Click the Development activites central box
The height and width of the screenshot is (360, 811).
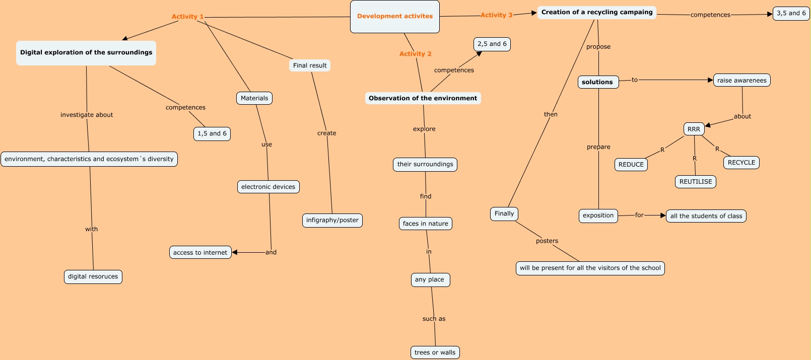(394, 17)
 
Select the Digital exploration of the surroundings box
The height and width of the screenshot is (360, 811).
(86, 53)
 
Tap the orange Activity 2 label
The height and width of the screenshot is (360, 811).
(415, 54)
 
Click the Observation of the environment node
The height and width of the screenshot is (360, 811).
(423, 98)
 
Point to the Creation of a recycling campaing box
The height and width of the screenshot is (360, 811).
(596, 13)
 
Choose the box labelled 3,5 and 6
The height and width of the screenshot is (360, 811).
(791, 14)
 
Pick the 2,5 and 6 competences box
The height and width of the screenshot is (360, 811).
(492, 44)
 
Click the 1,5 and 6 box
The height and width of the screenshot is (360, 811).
(212, 134)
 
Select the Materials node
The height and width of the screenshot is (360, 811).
(254, 98)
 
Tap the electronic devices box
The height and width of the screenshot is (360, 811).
(268, 187)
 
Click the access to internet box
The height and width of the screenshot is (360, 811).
(200, 253)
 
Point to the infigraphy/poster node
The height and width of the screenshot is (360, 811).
(332, 221)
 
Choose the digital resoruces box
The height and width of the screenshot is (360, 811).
(93, 277)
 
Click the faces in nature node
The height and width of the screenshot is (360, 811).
(425, 224)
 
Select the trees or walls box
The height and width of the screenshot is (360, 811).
(435, 352)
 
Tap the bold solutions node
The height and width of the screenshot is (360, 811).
(597, 82)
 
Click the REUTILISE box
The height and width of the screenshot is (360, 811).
(696, 182)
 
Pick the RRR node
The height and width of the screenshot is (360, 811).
(694, 129)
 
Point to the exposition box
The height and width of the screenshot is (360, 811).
(598, 216)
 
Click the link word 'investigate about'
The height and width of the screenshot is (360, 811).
(87, 115)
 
